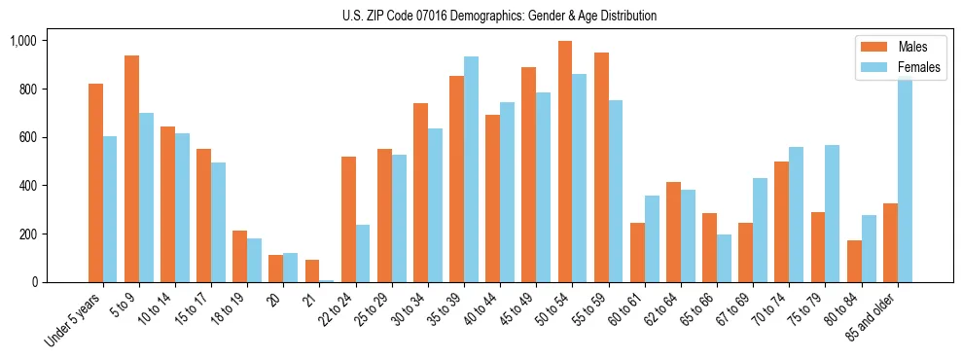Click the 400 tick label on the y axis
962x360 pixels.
27,186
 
